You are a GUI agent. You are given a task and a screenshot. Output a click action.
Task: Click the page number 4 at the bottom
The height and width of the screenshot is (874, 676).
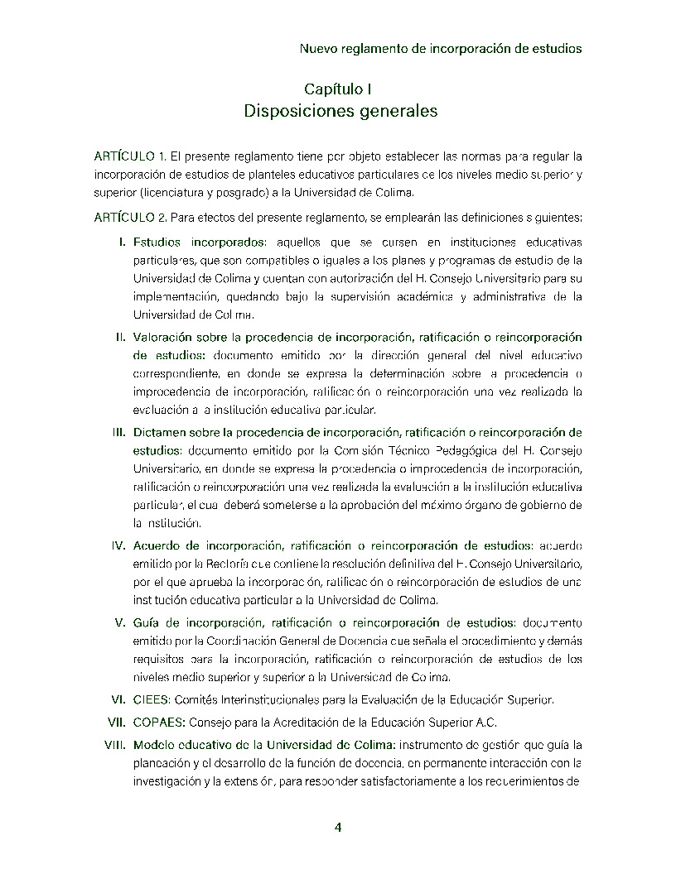click(x=337, y=827)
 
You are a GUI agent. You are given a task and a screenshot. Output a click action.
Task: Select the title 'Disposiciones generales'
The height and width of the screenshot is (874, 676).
click(x=340, y=112)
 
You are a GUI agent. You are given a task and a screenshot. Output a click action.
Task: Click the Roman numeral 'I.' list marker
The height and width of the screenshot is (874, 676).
click(x=121, y=242)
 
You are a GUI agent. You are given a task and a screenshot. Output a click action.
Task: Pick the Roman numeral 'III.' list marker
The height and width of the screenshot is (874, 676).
click(x=118, y=432)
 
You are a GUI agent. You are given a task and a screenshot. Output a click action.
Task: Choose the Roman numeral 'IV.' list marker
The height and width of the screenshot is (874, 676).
click(x=118, y=545)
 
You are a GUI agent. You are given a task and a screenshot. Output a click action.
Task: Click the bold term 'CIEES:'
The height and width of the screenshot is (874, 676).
click(x=152, y=699)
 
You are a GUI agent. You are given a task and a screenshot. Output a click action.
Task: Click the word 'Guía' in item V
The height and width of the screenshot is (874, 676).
click(x=146, y=622)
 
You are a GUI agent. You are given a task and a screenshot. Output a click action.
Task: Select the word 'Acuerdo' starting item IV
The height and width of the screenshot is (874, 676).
click(x=157, y=545)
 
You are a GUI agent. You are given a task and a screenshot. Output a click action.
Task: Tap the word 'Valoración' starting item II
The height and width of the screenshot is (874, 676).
click(x=163, y=337)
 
